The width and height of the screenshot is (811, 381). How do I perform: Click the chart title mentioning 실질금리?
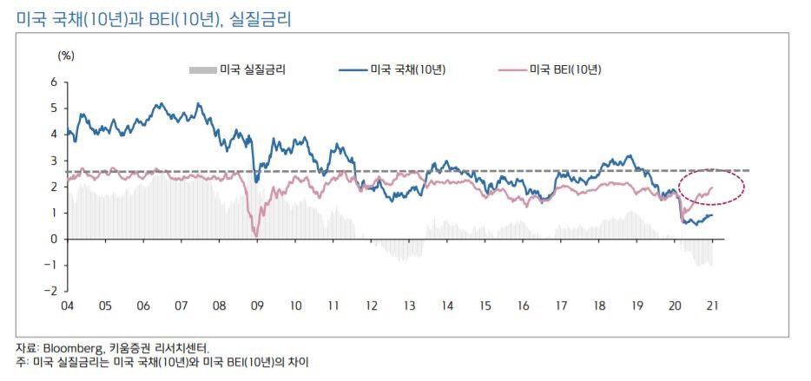(x=153, y=17)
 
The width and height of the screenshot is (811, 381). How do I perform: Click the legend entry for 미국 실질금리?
(x=252, y=69)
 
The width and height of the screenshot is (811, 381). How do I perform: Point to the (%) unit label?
(x=66, y=55)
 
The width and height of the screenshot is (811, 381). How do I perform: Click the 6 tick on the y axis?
(x=54, y=82)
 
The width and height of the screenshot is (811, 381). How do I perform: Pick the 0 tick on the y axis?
(x=54, y=239)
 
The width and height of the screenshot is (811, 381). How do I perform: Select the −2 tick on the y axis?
(x=52, y=291)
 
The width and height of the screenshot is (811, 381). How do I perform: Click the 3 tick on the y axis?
(x=54, y=161)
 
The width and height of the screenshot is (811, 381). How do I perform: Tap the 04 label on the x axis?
(x=66, y=306)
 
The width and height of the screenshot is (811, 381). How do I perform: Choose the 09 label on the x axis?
(x=257, y=306)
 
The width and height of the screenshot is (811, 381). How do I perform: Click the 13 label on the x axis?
(x=409, y=306)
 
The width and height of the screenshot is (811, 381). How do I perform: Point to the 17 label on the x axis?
(x=562, y=306)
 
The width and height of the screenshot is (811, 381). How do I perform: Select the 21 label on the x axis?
(x=713, y=306)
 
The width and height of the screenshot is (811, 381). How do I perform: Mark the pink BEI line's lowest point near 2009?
(x=256, y=235)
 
